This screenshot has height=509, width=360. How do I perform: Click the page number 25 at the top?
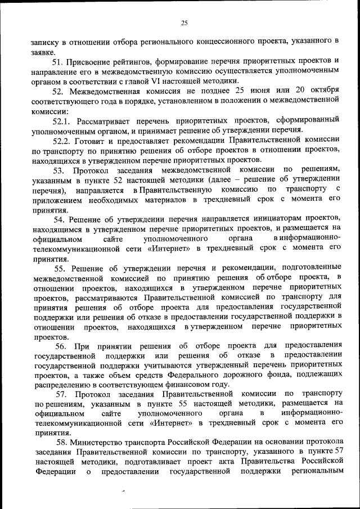(184, 23)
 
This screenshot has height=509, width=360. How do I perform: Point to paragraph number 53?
(59, 170)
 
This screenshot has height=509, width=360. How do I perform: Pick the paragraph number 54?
(61, 218)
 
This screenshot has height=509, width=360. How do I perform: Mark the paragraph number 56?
(63, 345)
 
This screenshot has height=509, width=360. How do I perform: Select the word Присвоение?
(93, 61)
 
